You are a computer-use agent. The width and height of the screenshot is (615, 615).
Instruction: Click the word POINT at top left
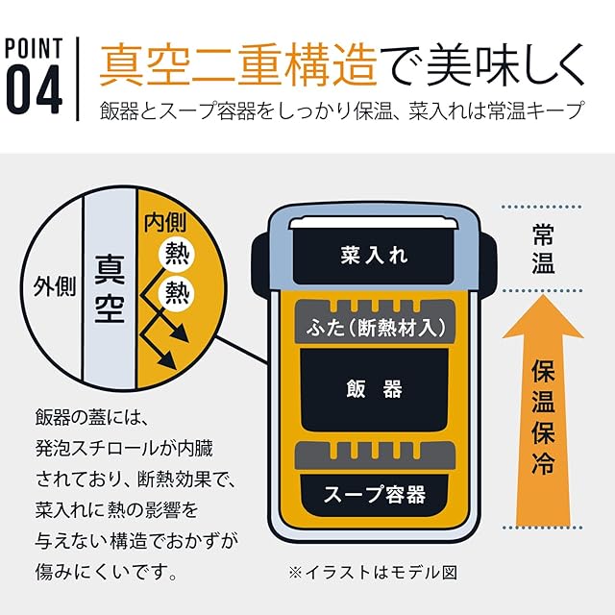pos(35,49)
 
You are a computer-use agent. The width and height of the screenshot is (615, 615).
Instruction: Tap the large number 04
pos(35,89)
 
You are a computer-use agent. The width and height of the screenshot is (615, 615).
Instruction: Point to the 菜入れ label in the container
pos(375,256)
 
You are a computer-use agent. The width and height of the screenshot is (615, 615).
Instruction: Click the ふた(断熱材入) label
pos(375,327)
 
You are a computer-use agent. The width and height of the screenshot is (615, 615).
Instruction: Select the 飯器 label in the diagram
pos(375,389)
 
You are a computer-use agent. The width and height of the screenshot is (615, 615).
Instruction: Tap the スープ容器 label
pos(375,495)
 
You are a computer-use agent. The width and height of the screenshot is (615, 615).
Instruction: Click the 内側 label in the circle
pos(164,223)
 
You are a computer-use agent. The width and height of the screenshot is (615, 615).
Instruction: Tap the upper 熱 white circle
pos(176,254)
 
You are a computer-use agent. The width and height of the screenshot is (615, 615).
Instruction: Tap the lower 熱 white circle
pos(176,291)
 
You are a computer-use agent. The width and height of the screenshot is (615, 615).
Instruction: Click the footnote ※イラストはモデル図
pos(372,571)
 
